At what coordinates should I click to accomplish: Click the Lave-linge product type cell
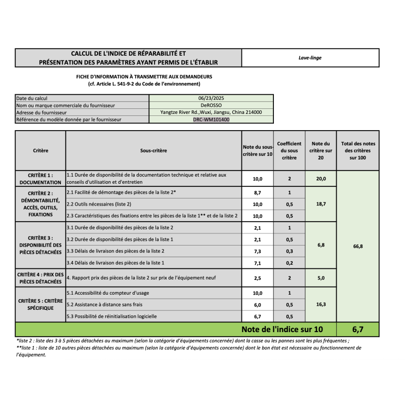click(310, 58)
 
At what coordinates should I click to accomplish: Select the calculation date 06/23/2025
click(211, 98)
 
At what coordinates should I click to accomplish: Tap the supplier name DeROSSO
click(211, 105)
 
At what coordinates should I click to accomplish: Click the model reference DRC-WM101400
click(211, 119)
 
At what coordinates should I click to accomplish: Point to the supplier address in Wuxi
click(211, 112)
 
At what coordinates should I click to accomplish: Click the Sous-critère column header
click(153, 150)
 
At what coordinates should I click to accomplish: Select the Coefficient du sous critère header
click(289, 150)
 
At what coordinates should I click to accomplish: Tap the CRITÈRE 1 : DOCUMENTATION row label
click(40, 178)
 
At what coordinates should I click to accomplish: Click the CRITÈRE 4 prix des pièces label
click(40, 277)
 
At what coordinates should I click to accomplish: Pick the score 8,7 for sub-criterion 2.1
click(258, 192)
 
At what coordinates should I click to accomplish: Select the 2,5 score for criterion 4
click(258, 277)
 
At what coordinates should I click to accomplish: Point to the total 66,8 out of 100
click(357, 246)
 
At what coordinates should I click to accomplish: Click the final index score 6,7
click(357, 330)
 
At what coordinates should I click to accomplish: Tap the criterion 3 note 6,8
click(321, 245)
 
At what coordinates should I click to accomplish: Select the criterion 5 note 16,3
click(321, 305)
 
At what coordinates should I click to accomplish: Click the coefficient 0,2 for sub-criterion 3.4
click(289, 263)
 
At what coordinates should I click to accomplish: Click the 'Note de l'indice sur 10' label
click(281, 330)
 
